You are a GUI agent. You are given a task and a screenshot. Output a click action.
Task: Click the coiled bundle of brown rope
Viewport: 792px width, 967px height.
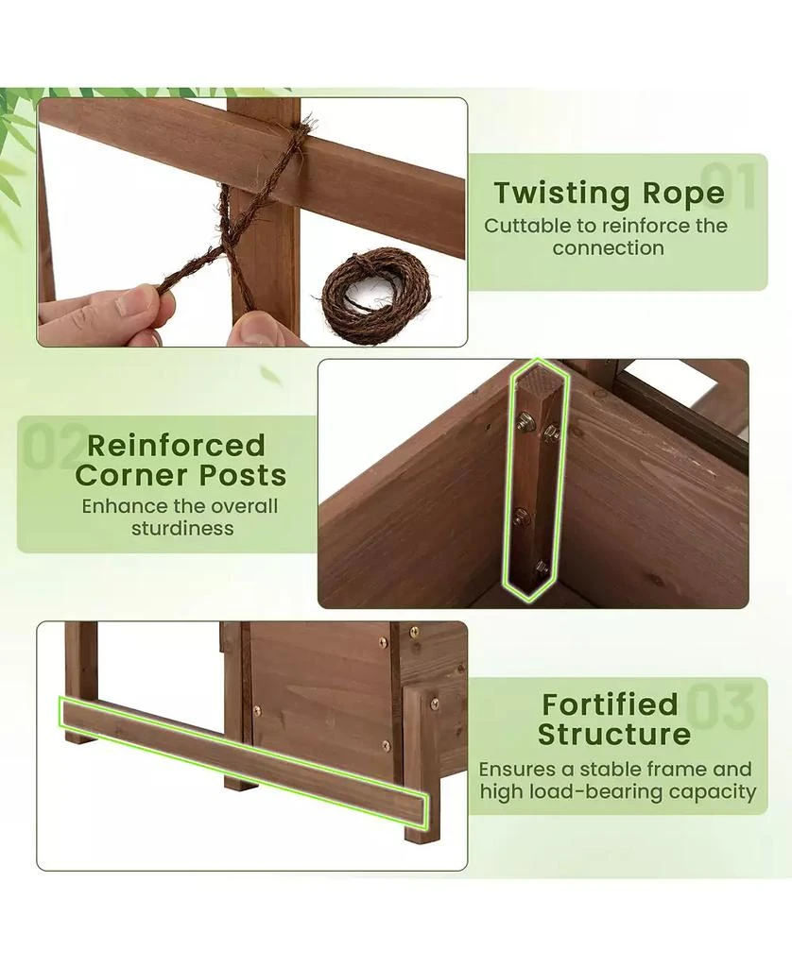[x=376, y=296]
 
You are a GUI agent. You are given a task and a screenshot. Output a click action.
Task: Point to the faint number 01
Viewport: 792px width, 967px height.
[x=729, y=186]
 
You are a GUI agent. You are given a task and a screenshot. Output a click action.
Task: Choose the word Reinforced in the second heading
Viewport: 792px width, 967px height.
[x=176, y=446]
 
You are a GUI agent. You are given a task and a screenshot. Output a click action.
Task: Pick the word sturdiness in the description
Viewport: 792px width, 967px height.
[x=182, y=528]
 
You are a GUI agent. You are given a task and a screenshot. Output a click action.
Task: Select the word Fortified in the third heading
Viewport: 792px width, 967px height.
[x=611, y=704]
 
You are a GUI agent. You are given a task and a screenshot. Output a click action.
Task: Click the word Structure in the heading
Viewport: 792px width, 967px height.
[x=614, y=734]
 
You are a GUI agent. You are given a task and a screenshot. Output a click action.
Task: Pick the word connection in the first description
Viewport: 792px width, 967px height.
[x=609, y=248]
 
